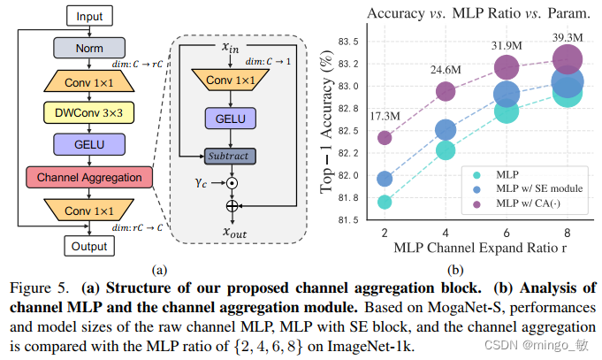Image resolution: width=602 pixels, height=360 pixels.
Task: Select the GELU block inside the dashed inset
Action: (x=230, y=118)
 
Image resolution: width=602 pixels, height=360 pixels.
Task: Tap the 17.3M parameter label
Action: (x=383, y=116)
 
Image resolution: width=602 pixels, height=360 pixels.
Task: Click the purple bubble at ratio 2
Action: (x=385, y=137)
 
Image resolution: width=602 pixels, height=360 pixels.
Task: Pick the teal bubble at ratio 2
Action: (x=385, y=202)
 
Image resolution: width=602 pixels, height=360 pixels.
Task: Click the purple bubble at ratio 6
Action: (x=507, y=67)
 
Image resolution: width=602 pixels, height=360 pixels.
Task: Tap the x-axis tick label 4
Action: (x=446, y=232)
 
